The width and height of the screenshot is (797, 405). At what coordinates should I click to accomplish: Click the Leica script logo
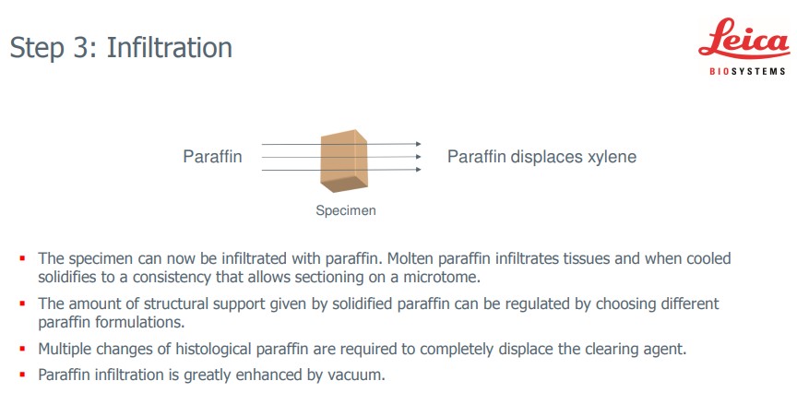tap(744, 40)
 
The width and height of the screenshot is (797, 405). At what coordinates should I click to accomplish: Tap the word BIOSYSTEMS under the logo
tap(748, 72)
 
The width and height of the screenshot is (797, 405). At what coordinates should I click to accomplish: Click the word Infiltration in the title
tap(169, 48)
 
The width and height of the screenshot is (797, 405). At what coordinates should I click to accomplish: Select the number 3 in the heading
tap(83, 48)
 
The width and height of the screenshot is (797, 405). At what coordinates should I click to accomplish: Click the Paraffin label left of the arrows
tap(212, 157)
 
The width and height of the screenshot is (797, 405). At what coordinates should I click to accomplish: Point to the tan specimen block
tap(343, 161)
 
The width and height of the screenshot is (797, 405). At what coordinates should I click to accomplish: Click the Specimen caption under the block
tap(346, 210)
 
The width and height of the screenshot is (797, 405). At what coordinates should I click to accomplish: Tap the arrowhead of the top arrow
tap(418, 144)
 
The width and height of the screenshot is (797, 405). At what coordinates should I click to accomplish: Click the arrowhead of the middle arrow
tap(418, 157)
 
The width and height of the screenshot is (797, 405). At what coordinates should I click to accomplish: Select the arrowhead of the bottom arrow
tap(418, 170)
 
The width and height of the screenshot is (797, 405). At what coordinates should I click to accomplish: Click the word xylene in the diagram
tap(612, 157)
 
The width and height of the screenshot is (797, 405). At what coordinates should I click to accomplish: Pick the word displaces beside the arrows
tap(547, 157)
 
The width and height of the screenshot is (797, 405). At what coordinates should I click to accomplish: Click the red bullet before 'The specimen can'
tap(22, 258)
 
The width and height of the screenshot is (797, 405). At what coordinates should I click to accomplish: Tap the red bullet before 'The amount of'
tap(22, 304)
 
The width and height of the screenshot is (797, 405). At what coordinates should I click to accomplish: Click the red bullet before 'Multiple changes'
tap(22, 349)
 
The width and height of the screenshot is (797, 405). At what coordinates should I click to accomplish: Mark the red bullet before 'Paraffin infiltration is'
tap(22, 375)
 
